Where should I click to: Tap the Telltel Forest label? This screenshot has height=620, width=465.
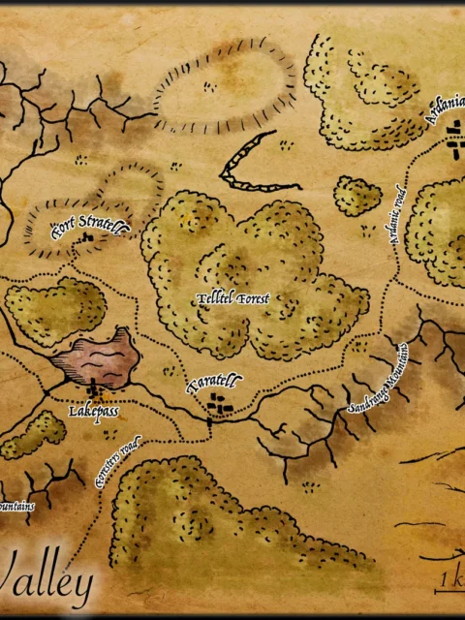tap(233, 298)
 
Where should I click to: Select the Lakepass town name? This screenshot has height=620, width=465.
tap(94, 411)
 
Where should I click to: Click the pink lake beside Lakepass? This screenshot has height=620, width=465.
tap(94, 356)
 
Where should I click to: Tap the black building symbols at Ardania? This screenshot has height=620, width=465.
tap(453, 148)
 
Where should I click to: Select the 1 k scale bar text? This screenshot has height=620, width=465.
tap(448, 578)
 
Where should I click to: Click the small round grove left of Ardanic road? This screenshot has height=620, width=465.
tap(357, 196)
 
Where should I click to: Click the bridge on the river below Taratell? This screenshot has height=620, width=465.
tap(209, 424)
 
